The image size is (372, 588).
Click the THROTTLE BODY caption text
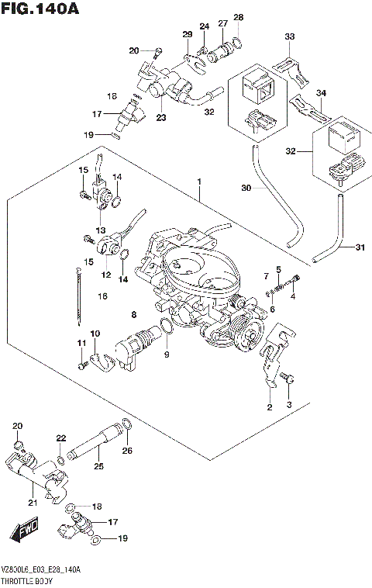pos(30,580)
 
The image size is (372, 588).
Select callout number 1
pos(199,182)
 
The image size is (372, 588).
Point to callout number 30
pos(246,189)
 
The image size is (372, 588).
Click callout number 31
pos(359,248)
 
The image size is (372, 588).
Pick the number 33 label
pos(290,36)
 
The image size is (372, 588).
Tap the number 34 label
pos(321,93)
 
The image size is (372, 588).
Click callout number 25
pos(98,466)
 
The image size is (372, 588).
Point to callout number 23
pos(161,119)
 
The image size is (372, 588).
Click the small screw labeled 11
pos(79,363)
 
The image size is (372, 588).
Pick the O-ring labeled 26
pos(127,424)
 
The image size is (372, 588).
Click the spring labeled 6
pos(268,293)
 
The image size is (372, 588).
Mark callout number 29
pos(187,34)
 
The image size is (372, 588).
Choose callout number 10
pos(95,334)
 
